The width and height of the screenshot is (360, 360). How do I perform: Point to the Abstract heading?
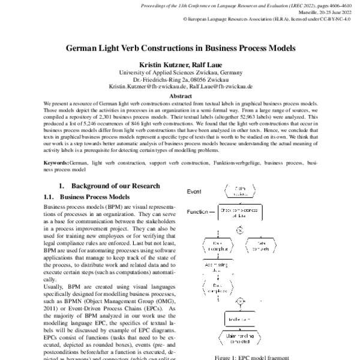coord(181,95)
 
